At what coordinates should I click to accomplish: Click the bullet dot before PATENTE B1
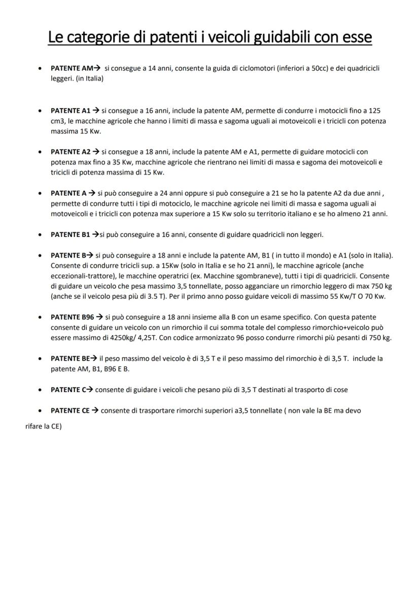[x=40, y=235]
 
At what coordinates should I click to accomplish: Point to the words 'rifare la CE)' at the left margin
[x=43, y=427]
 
